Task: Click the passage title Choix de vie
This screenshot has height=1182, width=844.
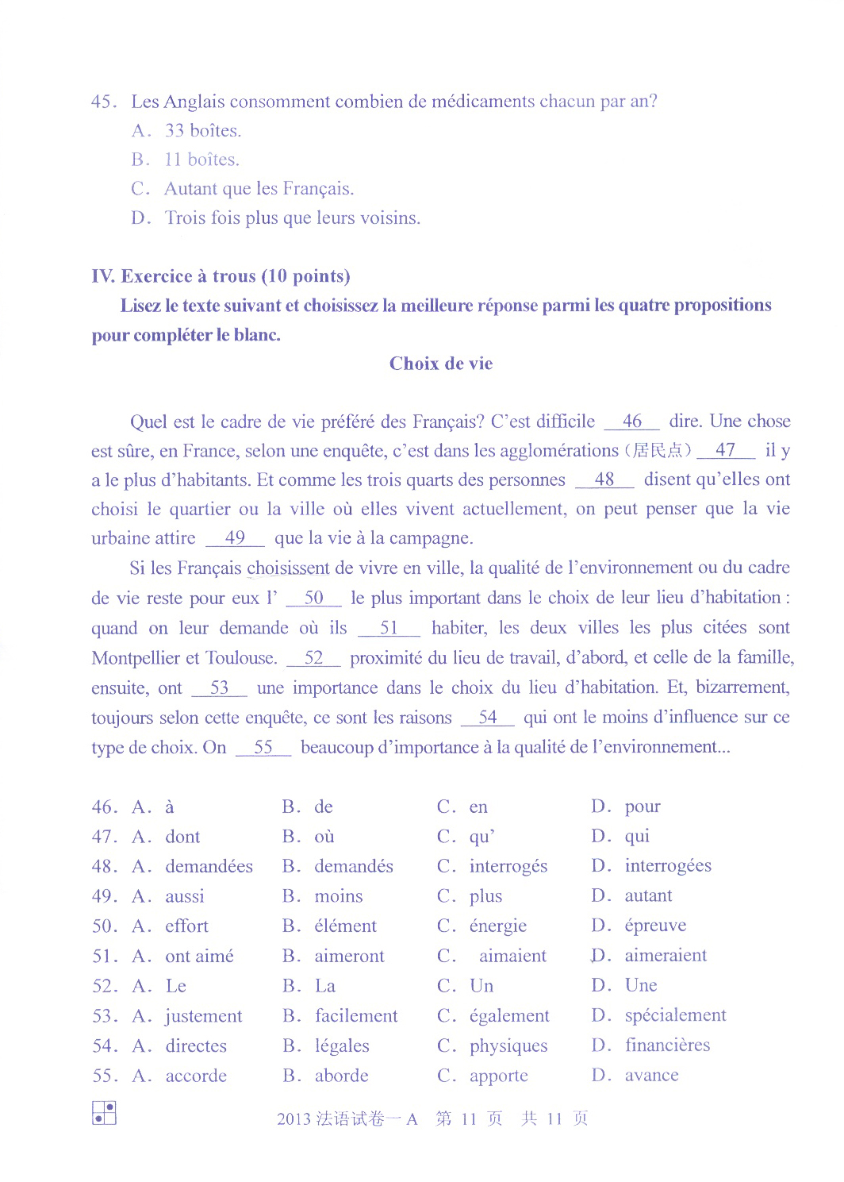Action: [x=440, y=364]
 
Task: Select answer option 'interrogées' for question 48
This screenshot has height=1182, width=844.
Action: [x=667, y=865]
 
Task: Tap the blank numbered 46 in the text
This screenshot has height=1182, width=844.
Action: [x=631, y=422]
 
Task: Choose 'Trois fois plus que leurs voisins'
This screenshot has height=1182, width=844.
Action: [x=292, y=218]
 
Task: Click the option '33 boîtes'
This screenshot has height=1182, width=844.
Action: [x=202, y=130]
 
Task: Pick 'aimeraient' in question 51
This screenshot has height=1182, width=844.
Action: [x=665, y=955]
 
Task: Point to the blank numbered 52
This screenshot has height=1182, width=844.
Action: [x=313, y=658]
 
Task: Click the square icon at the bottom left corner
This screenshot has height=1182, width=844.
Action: [x=104, y=1112]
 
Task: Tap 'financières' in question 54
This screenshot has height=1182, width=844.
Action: [x=666, y=1045]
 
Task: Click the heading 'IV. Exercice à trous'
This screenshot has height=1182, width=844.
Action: [x=221, y=276]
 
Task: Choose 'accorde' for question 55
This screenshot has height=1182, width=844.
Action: [x=196, y=1076]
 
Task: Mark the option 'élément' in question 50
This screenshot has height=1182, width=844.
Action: [x=345, y=926]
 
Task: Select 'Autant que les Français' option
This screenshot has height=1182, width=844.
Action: [x=259, y=189]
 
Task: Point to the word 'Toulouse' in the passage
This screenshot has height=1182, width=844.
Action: [x=240, y=658]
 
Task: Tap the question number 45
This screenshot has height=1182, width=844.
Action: [x=104, y=102]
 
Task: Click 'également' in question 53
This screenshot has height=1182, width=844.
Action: [x=508, y=1015]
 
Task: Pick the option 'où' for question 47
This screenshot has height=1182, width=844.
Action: [x=324, y=836]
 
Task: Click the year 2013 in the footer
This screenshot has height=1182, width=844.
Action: [x=293, y=1119]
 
